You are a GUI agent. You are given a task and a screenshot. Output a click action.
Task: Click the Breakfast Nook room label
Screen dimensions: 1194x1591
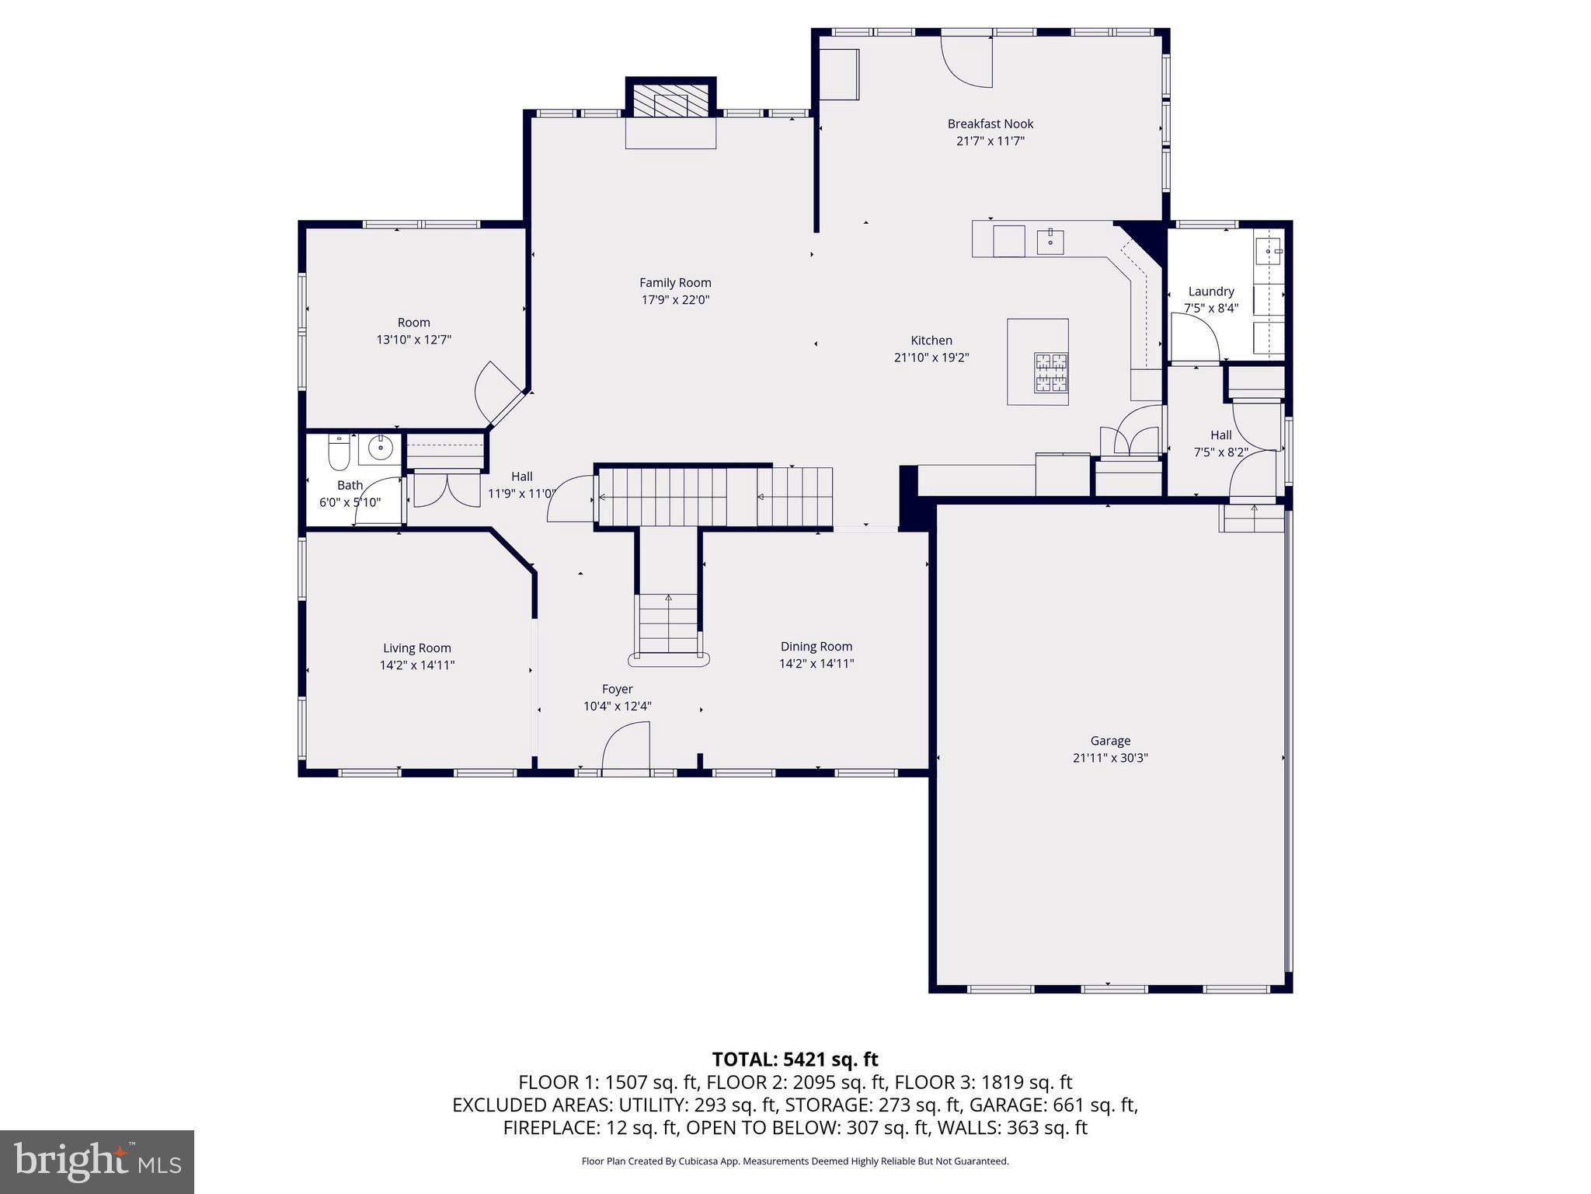[990, 124]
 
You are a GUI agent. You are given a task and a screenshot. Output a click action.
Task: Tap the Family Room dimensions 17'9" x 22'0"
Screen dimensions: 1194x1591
[675, 300]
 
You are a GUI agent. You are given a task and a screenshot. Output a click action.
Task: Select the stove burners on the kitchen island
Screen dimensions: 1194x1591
[1051, 372]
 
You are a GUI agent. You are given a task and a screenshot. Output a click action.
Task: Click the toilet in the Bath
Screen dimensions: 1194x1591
[339, 452]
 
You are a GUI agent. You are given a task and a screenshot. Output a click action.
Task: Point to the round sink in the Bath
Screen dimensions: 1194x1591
[380, 448]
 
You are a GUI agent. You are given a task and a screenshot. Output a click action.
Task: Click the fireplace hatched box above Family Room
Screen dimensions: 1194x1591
[670, 100]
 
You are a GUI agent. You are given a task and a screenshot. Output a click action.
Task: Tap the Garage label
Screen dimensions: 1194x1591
[1110, 741]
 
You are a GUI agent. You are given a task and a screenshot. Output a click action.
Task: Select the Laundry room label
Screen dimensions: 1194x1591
[1210, 292]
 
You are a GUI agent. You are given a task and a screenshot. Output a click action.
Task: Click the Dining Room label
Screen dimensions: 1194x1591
[816, 647]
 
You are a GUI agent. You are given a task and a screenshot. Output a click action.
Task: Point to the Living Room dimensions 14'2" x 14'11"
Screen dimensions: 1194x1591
[417, 665]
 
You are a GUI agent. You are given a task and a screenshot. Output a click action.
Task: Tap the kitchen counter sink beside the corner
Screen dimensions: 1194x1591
[1050, 242]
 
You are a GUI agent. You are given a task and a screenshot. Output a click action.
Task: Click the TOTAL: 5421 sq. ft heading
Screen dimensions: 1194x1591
[795, 1060]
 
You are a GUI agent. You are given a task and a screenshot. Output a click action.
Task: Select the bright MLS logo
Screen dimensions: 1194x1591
[97, 1161]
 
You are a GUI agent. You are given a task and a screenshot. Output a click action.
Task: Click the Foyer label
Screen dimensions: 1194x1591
[617, 690]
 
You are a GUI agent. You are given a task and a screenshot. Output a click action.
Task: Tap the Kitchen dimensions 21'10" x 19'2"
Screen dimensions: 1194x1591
[931, 358]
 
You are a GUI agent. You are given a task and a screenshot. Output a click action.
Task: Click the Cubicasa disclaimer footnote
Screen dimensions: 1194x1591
[795, 1161]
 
